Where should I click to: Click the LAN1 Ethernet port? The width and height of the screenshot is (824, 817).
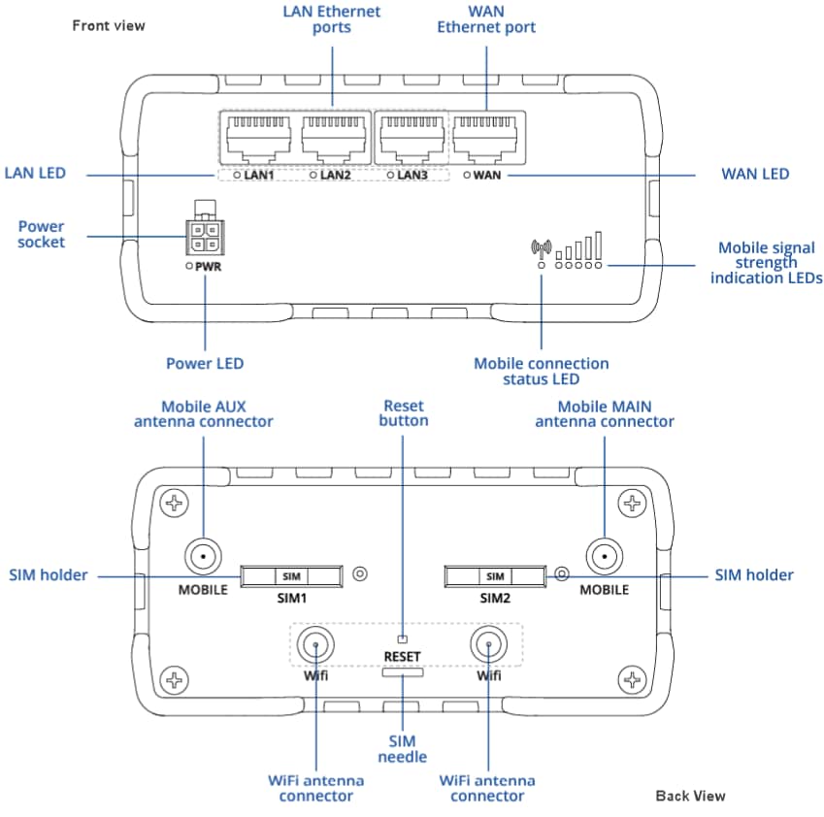pos(253,139)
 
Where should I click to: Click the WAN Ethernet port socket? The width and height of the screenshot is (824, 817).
pos(487,139)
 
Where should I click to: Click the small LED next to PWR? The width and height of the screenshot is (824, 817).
pos(187,265)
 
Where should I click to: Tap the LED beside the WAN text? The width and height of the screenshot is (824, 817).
pos(467,176)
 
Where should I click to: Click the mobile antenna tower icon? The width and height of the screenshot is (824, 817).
pos(541,249)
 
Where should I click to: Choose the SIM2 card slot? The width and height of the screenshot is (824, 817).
pos(495,576)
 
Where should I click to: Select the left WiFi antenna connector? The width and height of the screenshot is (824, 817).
pos(314,643)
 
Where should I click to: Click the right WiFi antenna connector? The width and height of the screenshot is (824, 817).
pos(486,643)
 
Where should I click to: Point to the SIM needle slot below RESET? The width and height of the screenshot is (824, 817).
pos(402,673)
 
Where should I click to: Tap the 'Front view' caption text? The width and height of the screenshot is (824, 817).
pos(109,25)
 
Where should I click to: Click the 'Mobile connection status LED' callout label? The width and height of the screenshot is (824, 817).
pos(541,371)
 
